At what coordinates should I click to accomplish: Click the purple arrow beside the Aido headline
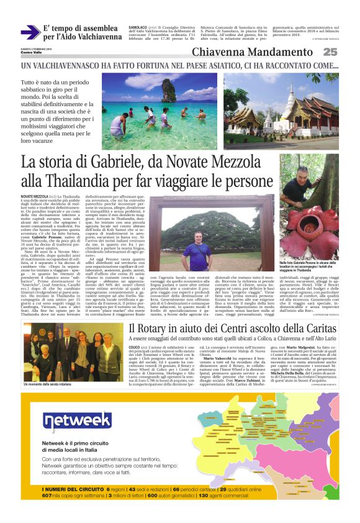click(30, 32)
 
